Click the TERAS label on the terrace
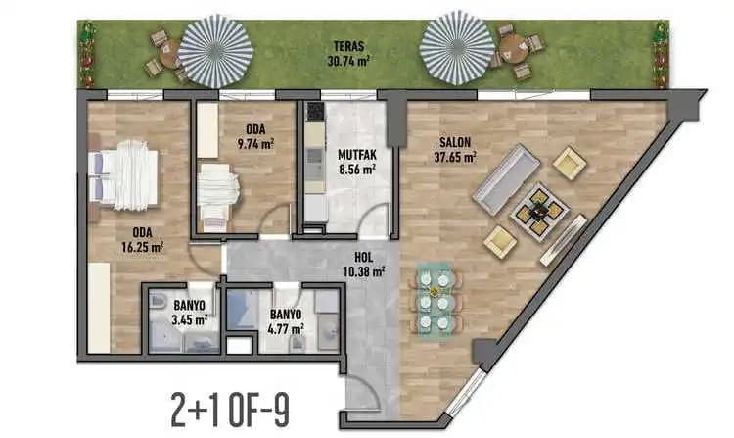(x=348, y=46)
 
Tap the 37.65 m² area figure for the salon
(x=455, y=157)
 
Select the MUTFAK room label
(x=357, y=154)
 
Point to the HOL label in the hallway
(x=364, y=257)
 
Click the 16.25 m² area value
(x=142, y=246)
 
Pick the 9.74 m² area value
(x=255, y=143)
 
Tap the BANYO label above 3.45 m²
(x=189, y=306)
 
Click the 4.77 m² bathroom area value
(x=286, y=329)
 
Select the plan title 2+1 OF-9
(x=230, y=410)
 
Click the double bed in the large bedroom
(x=123, y=175)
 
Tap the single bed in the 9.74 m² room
(x=217, y=197)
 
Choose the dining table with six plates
(x=435, y=299)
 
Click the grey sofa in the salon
(x=506, y=178)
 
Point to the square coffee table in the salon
(x=539, y=212)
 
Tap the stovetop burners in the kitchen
(x=314, y=112)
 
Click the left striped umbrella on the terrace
(x=216, y=51)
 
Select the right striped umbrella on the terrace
(x=457, y=48)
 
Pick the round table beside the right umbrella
(x=514, y=48)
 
